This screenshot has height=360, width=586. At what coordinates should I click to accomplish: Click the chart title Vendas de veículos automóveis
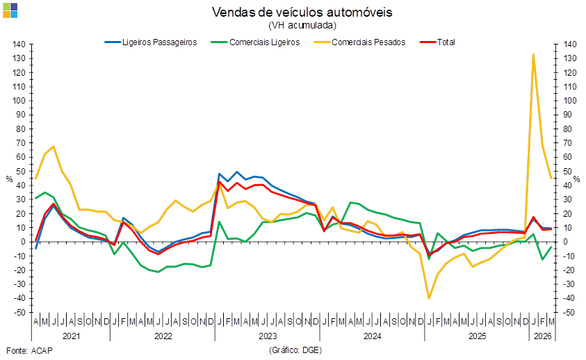tap(302, 13)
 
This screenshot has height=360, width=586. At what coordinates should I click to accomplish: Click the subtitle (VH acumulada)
tap(302, 25)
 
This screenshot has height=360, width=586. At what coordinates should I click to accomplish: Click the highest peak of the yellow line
tap(533, 54)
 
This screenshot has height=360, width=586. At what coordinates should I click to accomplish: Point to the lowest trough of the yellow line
tap(429, 298)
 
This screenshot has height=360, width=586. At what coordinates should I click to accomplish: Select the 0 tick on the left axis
tap(23, 242)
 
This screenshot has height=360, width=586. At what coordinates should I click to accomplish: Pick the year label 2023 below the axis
tap(268, 336)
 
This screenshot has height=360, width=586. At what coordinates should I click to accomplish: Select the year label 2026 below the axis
tap(542, 336)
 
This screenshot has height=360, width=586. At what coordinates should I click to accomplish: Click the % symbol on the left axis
tap(9, 179)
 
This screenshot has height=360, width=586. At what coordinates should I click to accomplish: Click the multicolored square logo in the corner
tap(10, 10)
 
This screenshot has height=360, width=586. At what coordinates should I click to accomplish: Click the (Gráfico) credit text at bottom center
tap(295, 350)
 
